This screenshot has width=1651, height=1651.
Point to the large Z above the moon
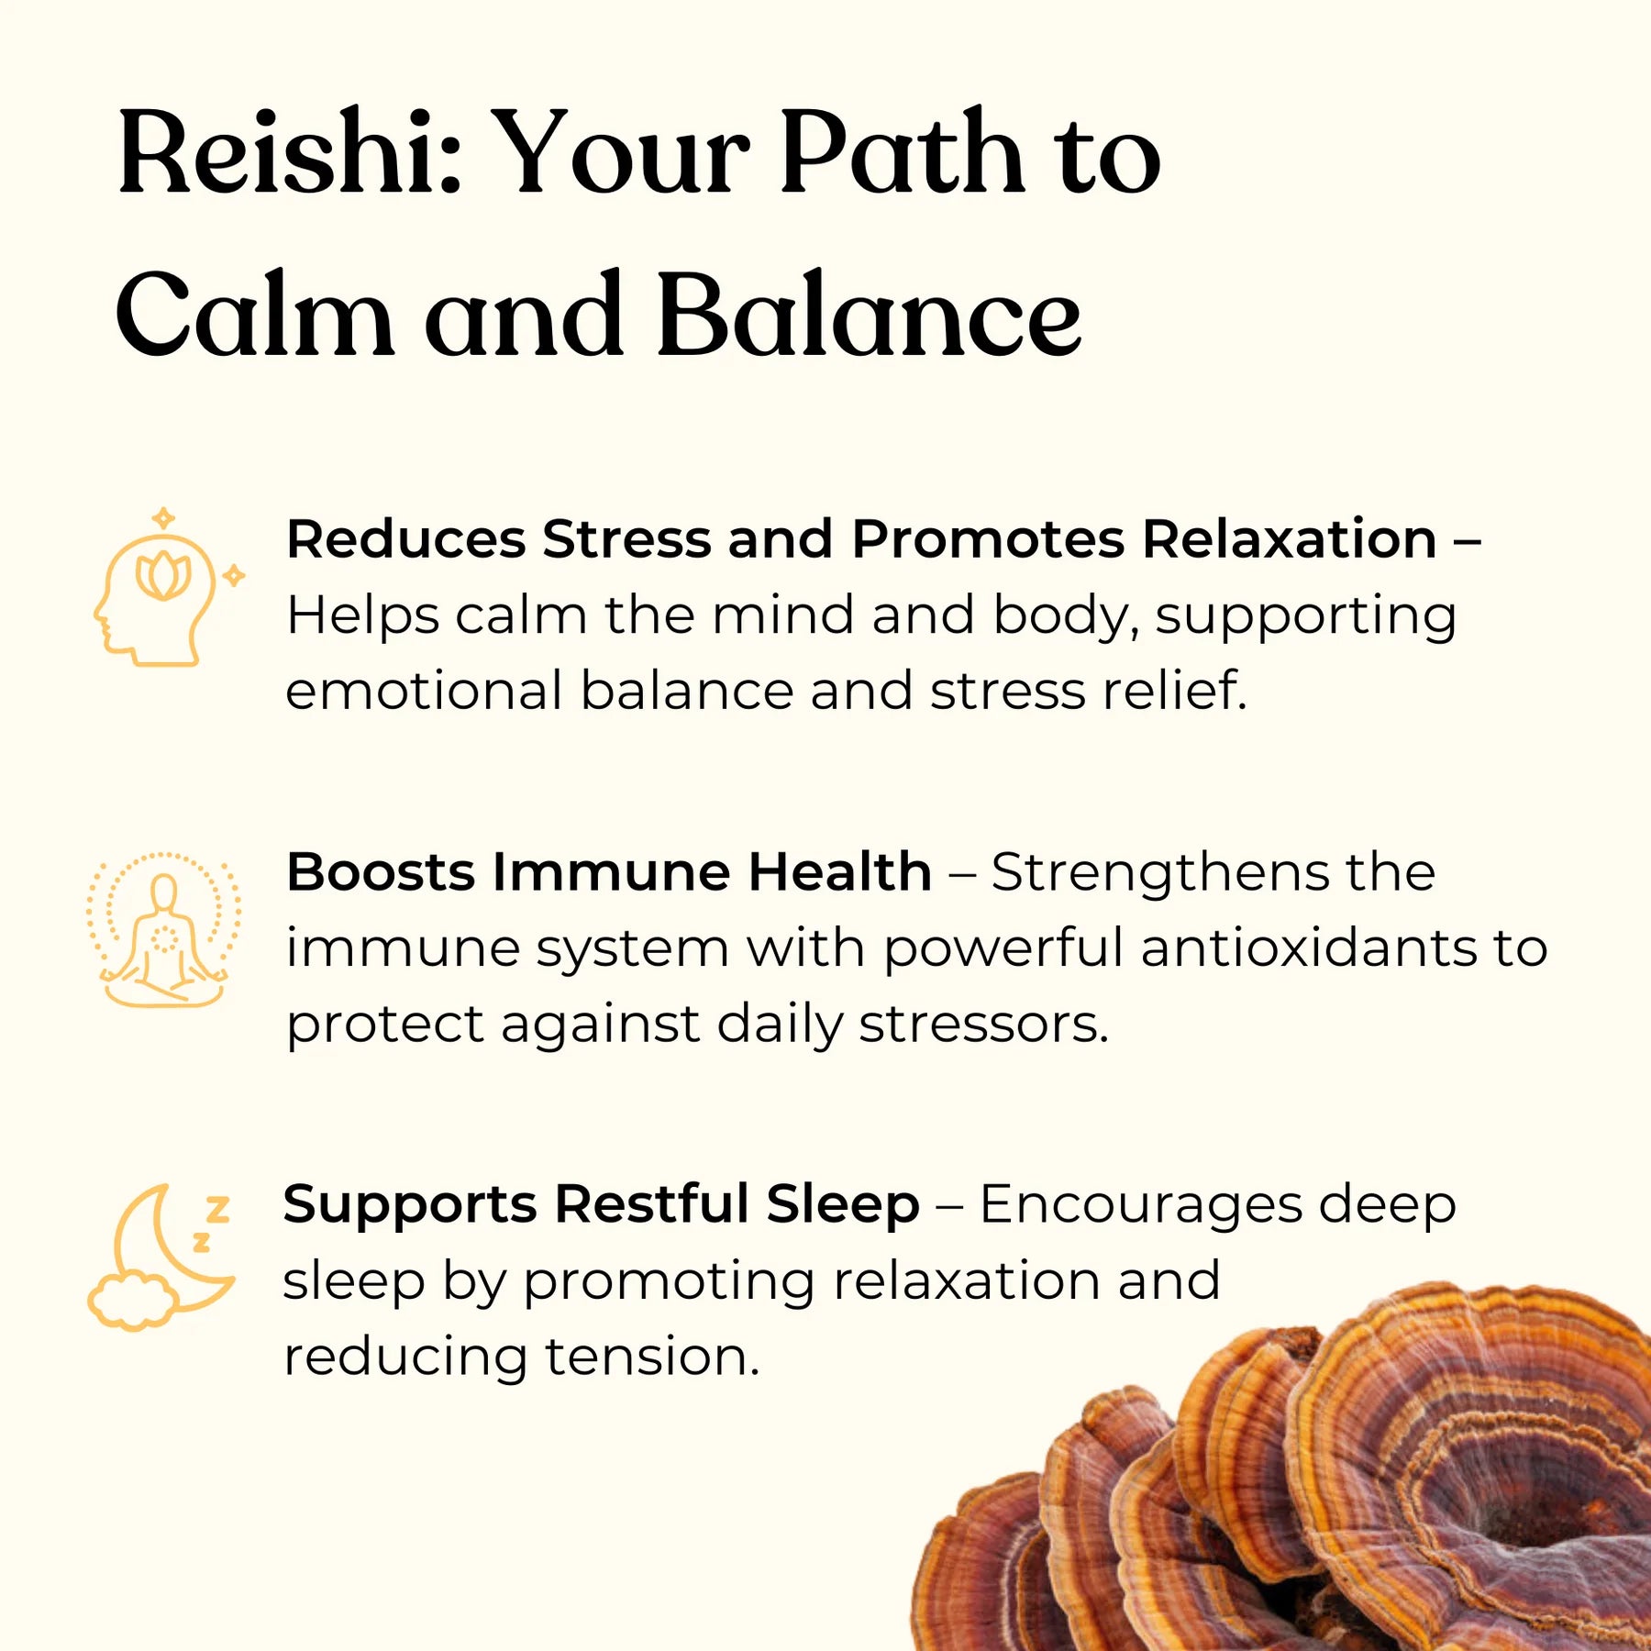[217, 1210]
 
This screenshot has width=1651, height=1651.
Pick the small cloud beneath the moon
[133, 1301]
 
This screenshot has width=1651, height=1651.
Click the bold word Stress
[626, 538]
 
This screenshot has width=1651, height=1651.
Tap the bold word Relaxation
[1290, 538]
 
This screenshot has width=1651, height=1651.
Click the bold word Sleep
[843, 1204]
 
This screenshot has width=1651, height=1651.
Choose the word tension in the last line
[652, 1357]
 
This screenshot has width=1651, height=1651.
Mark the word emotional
[424, 691]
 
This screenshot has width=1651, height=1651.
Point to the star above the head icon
[163, 518]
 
